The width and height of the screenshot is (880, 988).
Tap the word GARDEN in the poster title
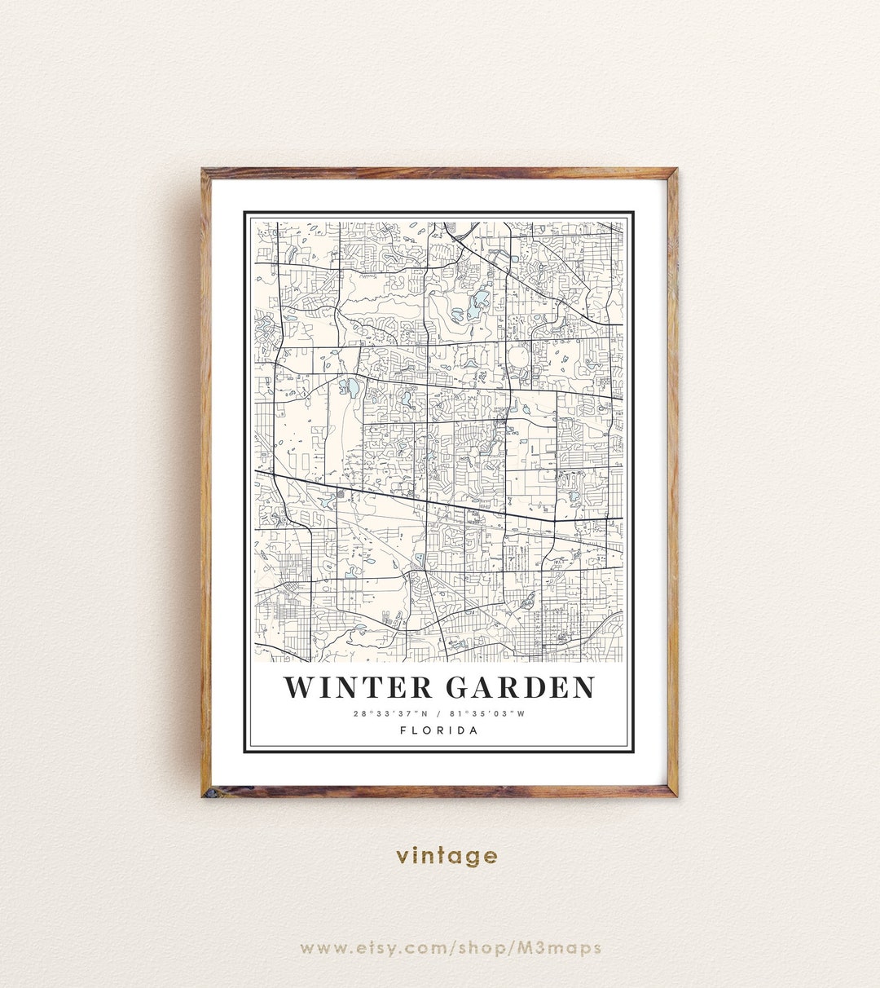point(521,687)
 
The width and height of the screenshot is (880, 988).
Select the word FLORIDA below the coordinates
point(439,730)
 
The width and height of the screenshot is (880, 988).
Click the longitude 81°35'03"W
point(487,714)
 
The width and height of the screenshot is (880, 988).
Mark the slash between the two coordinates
point(438,714)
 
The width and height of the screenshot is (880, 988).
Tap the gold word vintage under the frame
point(447,856)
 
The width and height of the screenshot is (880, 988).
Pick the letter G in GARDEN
point(459,687)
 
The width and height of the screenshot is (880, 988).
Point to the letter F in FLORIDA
point(403,730)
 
